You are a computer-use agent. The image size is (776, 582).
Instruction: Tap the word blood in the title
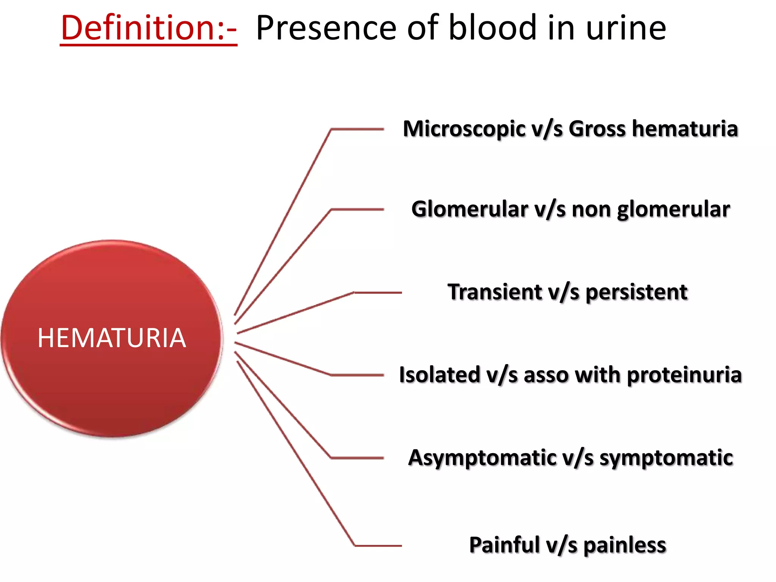[x=493, y=28]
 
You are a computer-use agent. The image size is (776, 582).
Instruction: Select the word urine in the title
[x=626, y=29]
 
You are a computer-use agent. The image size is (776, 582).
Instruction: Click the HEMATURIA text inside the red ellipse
[x=112, y=338]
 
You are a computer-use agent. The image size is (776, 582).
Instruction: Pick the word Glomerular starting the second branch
[x=469, y=209]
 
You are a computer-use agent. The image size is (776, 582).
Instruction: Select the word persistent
[x=637, y=293]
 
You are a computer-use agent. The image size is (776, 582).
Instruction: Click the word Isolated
[x=439, y=375]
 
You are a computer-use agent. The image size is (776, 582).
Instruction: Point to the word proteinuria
[x=684, y=375]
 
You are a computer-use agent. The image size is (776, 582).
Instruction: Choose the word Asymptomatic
[x=482, y=458]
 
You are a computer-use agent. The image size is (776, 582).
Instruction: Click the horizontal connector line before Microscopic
[x=357, y=130]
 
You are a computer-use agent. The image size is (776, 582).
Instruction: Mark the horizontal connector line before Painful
[x=378, y=546]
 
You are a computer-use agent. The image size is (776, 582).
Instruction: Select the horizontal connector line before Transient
[x=378, y=293]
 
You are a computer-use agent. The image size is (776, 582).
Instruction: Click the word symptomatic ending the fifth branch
[x=666, y=458]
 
